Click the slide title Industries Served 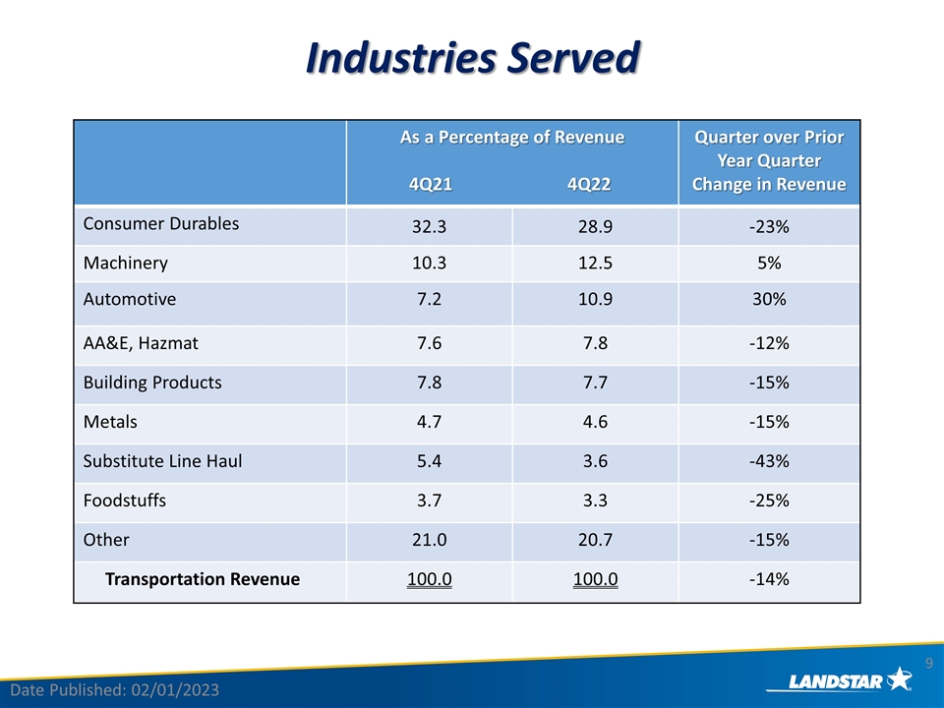(473, 58)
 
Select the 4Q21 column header (431, 184)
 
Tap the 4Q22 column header (589, 184)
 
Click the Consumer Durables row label (160, 224)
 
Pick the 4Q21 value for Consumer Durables (430, 226)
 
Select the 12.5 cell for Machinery (596, 264)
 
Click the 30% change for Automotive (769, 299)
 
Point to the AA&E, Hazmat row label (141, 343)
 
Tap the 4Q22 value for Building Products (596, 383)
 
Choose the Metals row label (110, 422)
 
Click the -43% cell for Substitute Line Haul (769, 461)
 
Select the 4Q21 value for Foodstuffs (430, 501)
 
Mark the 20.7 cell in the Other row (596, 540)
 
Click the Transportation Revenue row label (203, 579)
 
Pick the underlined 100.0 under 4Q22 (596, 579)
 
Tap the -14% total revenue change (769, 579)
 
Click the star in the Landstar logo (900, 678)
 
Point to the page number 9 (929, 663)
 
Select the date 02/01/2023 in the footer (175, 690)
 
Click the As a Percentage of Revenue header (512, 138)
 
